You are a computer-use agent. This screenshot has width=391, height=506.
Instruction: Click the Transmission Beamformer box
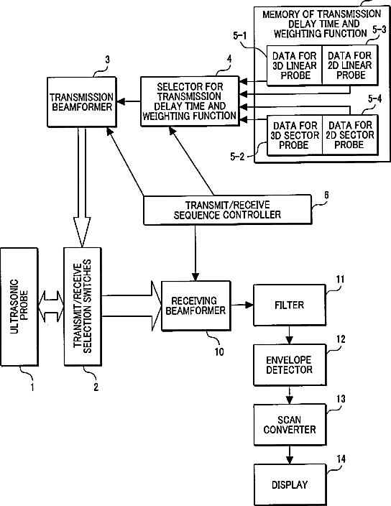(x=82, y=101)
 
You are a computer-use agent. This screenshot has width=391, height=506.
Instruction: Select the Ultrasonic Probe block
(x=19, y=307)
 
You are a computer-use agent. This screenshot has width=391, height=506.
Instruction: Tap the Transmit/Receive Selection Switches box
(x=83, y=307)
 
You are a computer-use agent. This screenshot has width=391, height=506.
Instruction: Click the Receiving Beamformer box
(x=195, y=305)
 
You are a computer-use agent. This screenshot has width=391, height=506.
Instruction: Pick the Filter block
(x=290, y=305)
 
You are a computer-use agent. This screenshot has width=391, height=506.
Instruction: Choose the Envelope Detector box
(x=290, y=365)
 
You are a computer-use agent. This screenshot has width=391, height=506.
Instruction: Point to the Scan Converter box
(x=290, y=425)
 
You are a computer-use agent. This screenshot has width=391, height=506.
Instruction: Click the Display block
(x=290, y=484)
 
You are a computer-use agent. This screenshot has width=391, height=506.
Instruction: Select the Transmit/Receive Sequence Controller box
(x=227, y=210)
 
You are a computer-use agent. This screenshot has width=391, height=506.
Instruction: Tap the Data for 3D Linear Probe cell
(x=295, y=65)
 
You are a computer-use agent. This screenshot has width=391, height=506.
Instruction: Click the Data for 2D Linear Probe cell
(x=350, y=65)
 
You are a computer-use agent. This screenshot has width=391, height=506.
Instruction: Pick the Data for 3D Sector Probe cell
(x=295, y=135)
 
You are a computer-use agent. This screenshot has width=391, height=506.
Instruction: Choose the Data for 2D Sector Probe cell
(x=350, y=135)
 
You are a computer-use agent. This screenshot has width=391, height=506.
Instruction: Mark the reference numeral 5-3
(x=379, y=29)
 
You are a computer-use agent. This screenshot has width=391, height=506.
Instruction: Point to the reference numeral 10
(x=219, y=351)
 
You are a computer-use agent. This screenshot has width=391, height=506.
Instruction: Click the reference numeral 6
(x=326, y=195)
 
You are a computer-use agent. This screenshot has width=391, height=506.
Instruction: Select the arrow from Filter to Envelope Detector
(x=290, y=335)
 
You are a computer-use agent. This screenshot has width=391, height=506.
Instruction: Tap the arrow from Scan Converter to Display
(x=290, y=455)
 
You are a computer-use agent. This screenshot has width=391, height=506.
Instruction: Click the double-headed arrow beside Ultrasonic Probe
(x=50, y=307)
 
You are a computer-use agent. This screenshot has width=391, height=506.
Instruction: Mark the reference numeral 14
(x=341, y=459)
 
